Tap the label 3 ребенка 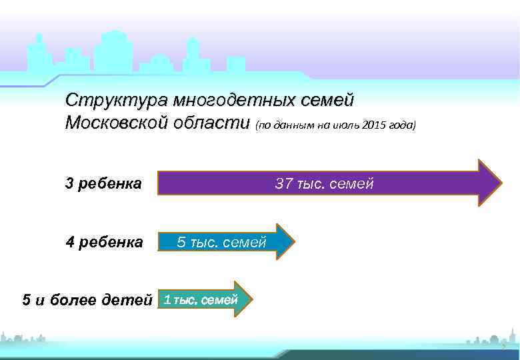pyautogui.click(x=103, y=183)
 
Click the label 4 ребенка pyautogui.click(x=104, y=241)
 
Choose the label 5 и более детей pyautogui.click(x=87, y=299)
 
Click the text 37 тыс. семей pyautogui.click(x=324, y=183)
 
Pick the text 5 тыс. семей pyautogui.click(x=221, y=243)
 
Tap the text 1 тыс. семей pyautogui.click(x=201, y=299)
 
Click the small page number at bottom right pyautogui.click(x=504, y=348)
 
